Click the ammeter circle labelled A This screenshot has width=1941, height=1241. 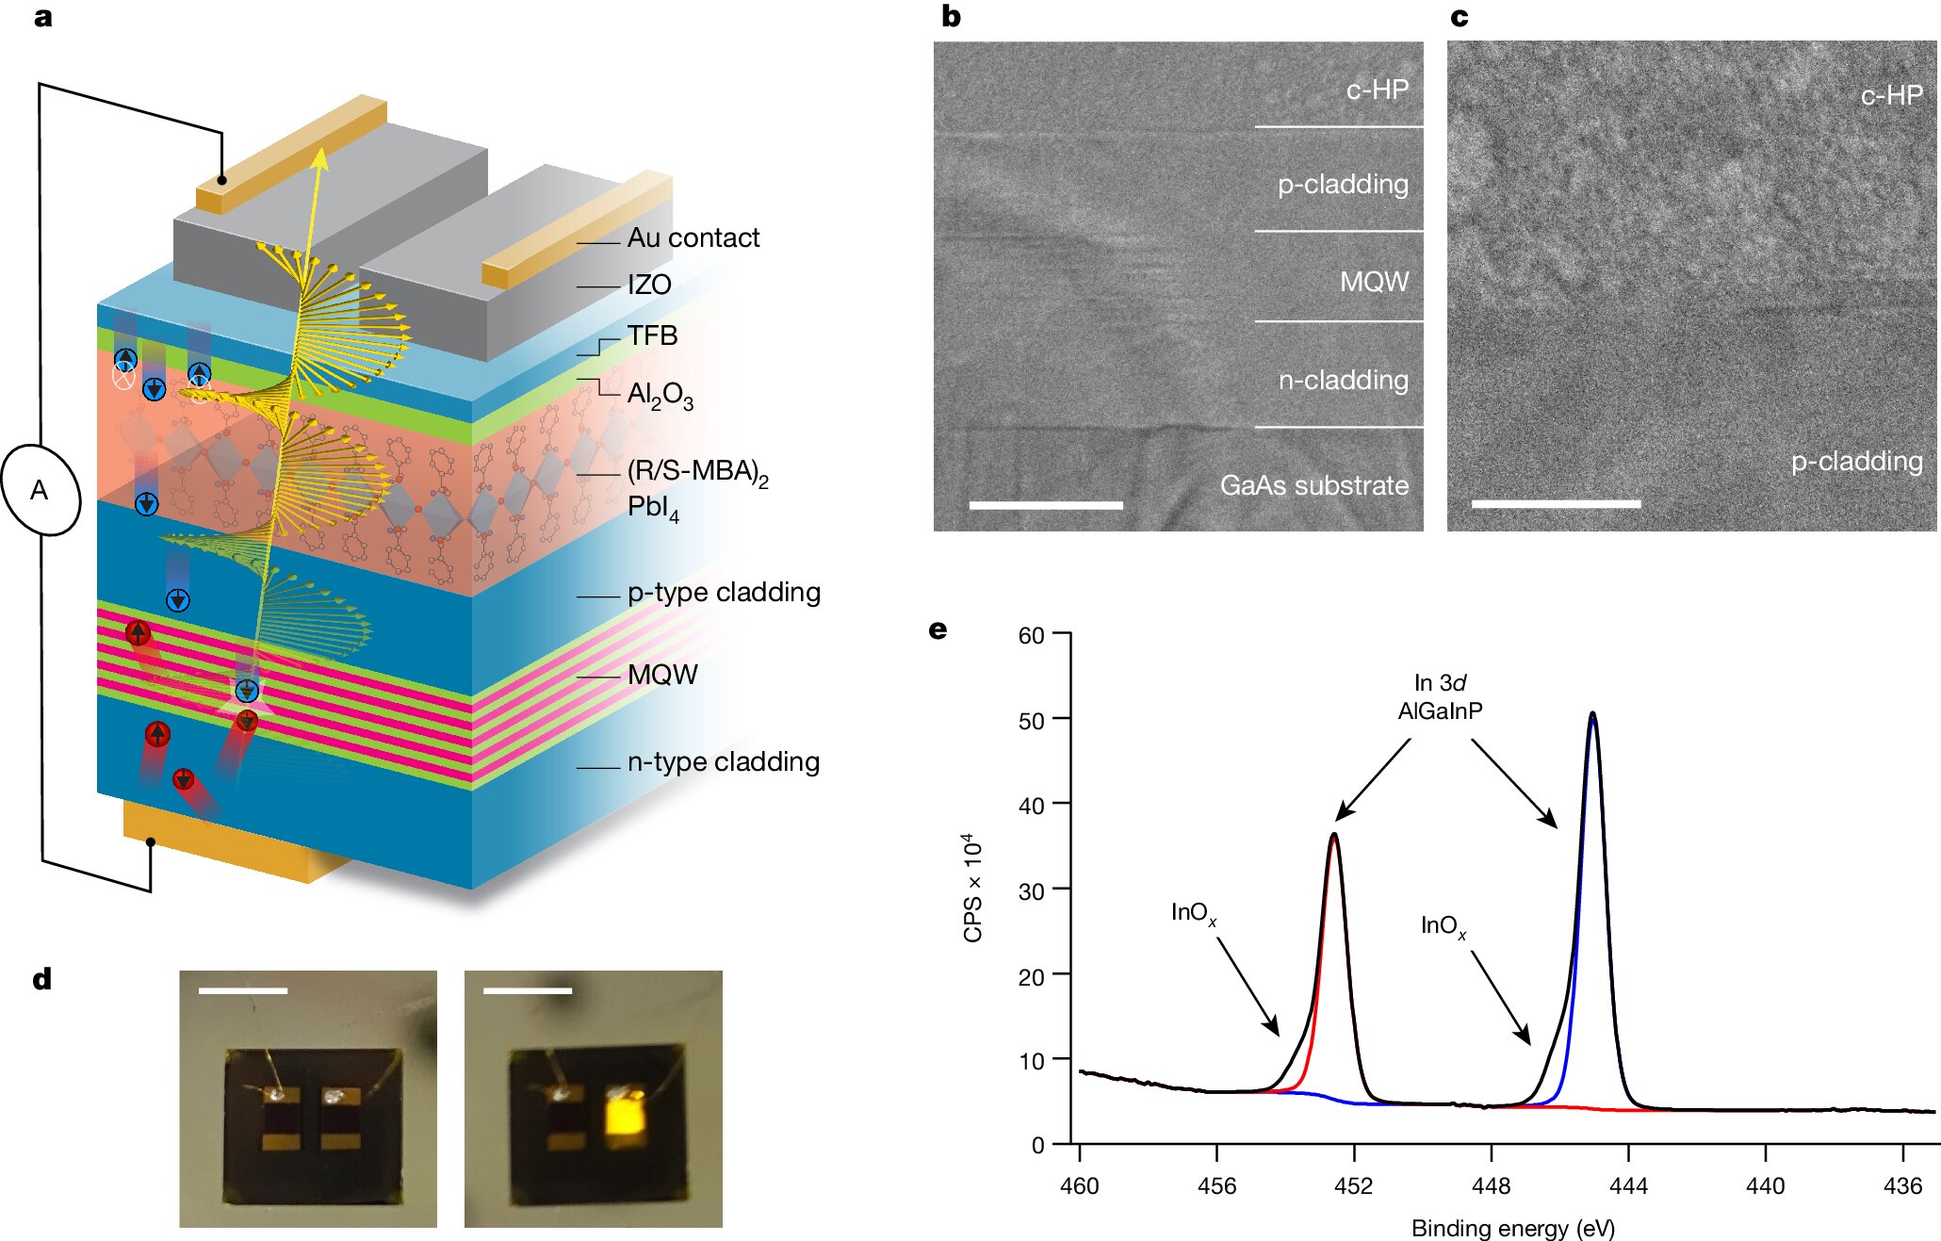pyautogui.click(x=41, y=490)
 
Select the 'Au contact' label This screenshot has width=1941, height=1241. pyautogui.click(x=693, y=238)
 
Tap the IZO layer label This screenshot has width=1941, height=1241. pyautogui.click(x=649, y=285)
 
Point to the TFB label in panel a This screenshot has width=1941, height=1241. pyautogui.click(x=652, y=335)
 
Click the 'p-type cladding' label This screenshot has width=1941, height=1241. pyautogui.click(x=724, y=592)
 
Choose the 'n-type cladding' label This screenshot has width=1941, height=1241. pyautogui.click(x=724, y=761)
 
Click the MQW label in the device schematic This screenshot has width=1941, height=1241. pyautogui.click(x=662, y=675)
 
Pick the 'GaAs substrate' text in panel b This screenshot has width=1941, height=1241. pyautogui.click(x=1314, y=485)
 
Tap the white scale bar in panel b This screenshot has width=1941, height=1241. pyautogui.click(x=1046, y=506)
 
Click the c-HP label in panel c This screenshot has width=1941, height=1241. pyautogui.click(x=1891, y=95)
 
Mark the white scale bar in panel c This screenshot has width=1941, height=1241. pyautogui.click(x=1556, y=504)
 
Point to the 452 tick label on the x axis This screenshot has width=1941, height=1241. pyautogui.click(x=1353, y=1185)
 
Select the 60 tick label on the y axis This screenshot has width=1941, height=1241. pyautogui.click(x=1031, y=635)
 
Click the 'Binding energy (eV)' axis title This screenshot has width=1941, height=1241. pyautogui.click(x=1512, y=1228)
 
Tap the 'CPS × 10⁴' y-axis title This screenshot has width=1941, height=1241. pyautogui.click(x=972, y=887)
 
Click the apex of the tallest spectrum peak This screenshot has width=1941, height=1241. pyautogui.click(x=1592, y=713)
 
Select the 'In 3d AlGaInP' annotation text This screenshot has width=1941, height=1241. pyautogui.click(x=1440, y=696)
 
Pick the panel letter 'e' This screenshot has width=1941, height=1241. pyautogui.click(x=938, y=629)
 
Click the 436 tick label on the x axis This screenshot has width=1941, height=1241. pyautogui.click(x=1901, y=1185)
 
